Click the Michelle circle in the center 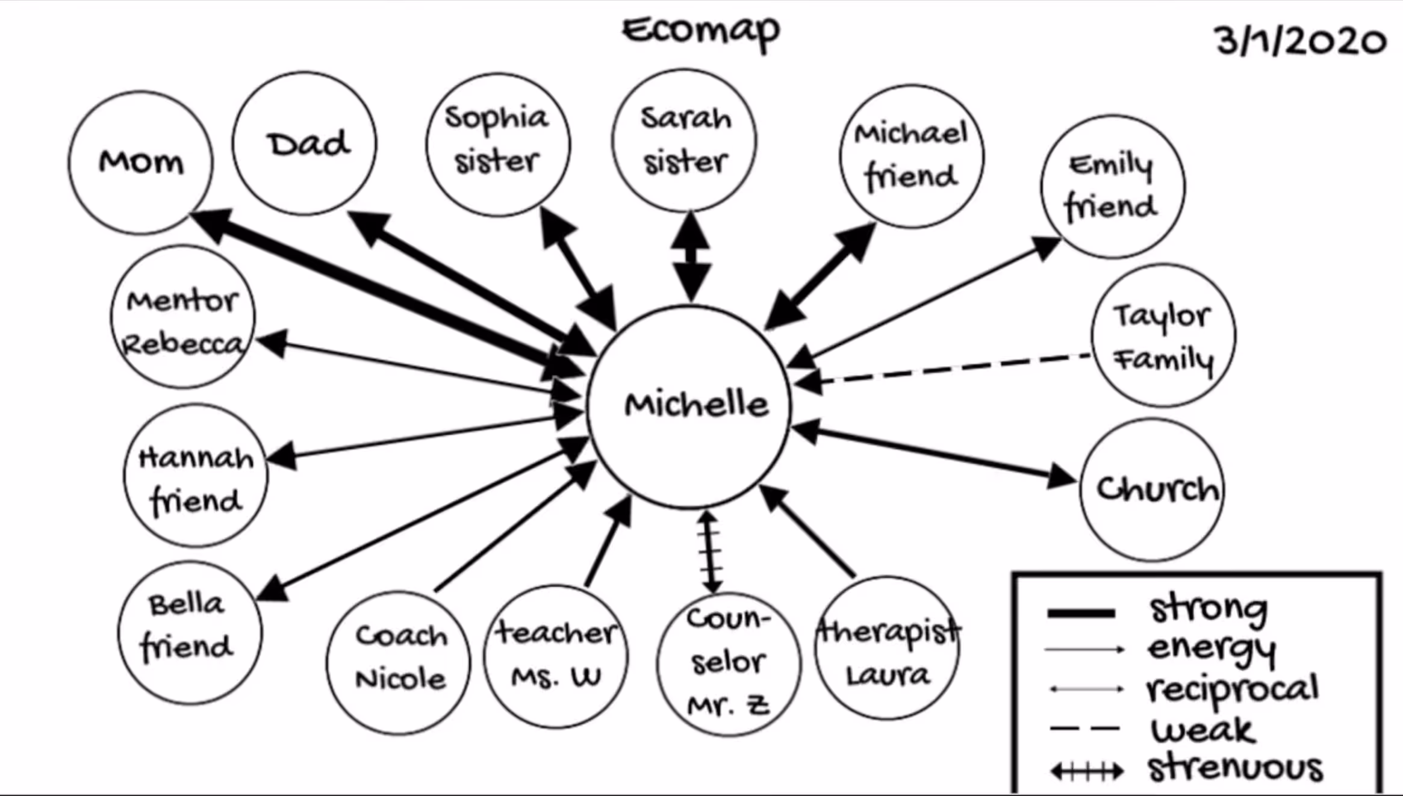click(x=689, y=406)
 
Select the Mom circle click(x=140, y=163)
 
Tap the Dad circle click(x=305, y=143)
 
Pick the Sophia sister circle click(x=498, y=145)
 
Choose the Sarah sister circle click(x=685, y=140)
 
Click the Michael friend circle click(x=912, y=157)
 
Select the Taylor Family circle click(x=1164, y=335)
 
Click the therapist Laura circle click(x=888, y=648)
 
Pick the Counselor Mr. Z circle click(x=729, y=664)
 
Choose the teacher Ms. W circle click(x=556, y=656)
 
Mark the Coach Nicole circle click(x=399, y=662)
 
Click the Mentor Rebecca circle click(x=183, y=317)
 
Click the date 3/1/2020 click(x=1301, y=41)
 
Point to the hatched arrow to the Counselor click(x=710, y=551)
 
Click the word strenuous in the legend click(x=1235, y=768)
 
